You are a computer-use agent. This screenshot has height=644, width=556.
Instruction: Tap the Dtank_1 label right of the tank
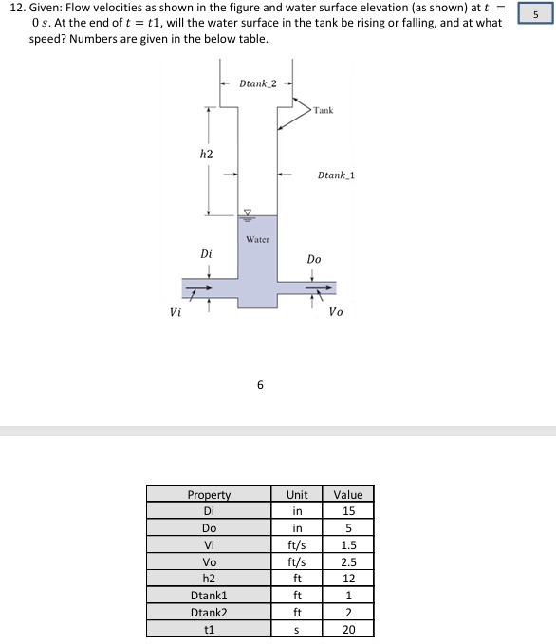[x=336, y=175]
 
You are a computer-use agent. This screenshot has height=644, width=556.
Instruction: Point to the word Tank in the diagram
[x=323, y=110]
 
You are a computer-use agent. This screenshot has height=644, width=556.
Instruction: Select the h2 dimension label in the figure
[x=206, y=154]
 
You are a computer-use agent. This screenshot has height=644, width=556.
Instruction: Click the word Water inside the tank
[x=257, y=239]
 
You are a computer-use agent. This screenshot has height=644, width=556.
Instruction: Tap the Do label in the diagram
[x=314, y=258]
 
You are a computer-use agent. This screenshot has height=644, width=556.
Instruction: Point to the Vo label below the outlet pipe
[x=336, y=311]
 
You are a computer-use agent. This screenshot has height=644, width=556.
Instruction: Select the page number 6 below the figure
[x=260, y=385]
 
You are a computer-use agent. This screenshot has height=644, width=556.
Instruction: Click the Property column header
[x=209, y=494]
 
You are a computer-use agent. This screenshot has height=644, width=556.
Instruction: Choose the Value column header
[x=348, y=494]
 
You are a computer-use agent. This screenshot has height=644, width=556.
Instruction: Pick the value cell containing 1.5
[x=348, y=544]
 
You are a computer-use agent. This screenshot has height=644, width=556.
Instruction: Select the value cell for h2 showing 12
[x=348, y=578]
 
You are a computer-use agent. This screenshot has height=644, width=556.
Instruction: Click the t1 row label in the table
[x=209, y=628]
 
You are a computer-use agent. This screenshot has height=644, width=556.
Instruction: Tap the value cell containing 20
[x=348, y=628]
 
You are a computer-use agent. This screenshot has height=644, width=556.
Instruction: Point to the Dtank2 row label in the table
[x=209, y=612]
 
